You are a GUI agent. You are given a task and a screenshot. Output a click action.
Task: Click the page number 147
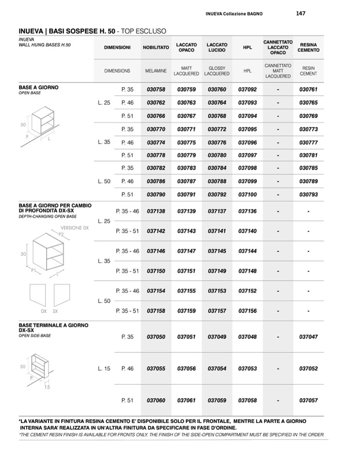[300, 14]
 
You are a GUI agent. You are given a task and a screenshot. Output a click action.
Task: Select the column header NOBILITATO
[156, 48]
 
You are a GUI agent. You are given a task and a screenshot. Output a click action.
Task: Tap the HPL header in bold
[247, 48]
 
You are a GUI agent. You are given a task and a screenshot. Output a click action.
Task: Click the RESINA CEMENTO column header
[309, 48]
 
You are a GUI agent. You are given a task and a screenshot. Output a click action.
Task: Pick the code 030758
[156, 90]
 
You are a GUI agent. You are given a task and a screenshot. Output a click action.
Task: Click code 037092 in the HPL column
[247, 90]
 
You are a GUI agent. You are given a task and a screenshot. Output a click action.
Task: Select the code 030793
[309, 194]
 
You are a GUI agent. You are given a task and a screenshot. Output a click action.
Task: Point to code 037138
[156, 211]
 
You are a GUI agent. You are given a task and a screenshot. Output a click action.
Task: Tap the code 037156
[247, 311]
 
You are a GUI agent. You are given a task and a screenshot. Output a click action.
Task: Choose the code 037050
[156, 337]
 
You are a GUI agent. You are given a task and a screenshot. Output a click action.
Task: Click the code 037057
[309, 401]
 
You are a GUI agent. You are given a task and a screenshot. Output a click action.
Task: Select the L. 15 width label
[104, 369]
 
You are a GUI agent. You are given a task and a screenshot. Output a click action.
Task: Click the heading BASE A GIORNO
[38, 87]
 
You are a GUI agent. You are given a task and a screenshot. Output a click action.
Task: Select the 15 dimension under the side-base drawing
[47, 387]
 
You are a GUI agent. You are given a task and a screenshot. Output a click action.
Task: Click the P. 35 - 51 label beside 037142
[128, 231]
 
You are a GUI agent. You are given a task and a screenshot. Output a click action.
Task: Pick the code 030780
[217, 155]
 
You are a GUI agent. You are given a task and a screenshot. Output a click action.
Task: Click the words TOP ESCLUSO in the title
[144, 31]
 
